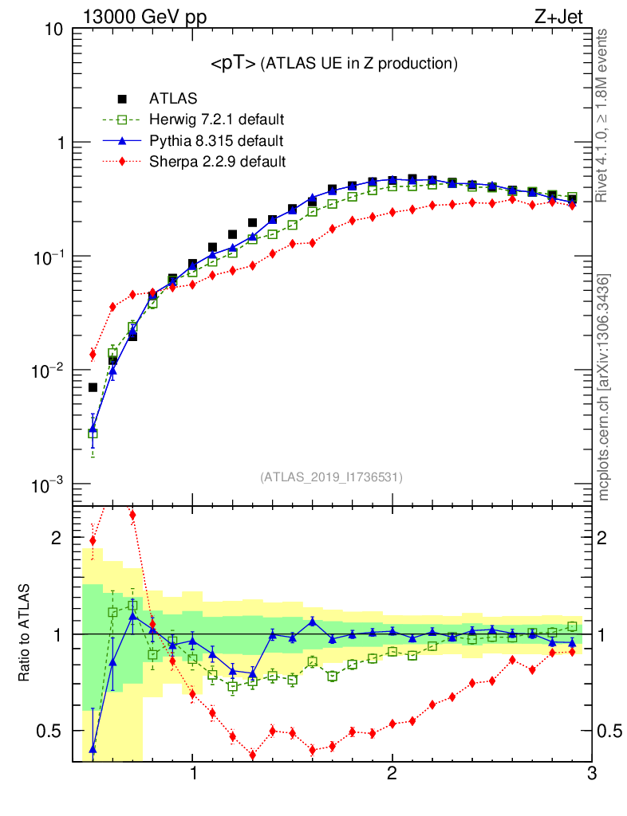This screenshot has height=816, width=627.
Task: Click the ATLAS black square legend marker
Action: pyautogui.click(x=122, y=99)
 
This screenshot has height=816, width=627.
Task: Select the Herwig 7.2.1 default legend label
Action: pyautogui.click(x=217, y=120)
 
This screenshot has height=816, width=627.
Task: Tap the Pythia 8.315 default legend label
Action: pyautogui.click(x=216, y=141)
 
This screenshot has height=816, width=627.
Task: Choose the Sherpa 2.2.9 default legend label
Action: pyautogui.click(x=217, y=162)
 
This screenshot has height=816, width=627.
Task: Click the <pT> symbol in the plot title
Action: pyautogui.click(x=233, y=63)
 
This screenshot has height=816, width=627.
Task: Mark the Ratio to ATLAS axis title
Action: pyautogui.click(x=25, y=633)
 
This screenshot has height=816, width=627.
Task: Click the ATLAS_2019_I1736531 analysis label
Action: pyautogui.click(x=331, y=477)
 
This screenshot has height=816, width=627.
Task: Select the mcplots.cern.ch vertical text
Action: pyautogui.click(x=604, y=386)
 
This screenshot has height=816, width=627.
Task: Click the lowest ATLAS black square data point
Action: pyautogui.click(x=93, y=387)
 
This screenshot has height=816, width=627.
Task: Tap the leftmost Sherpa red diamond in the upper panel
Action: pyautogui.click(x=93, y=355)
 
